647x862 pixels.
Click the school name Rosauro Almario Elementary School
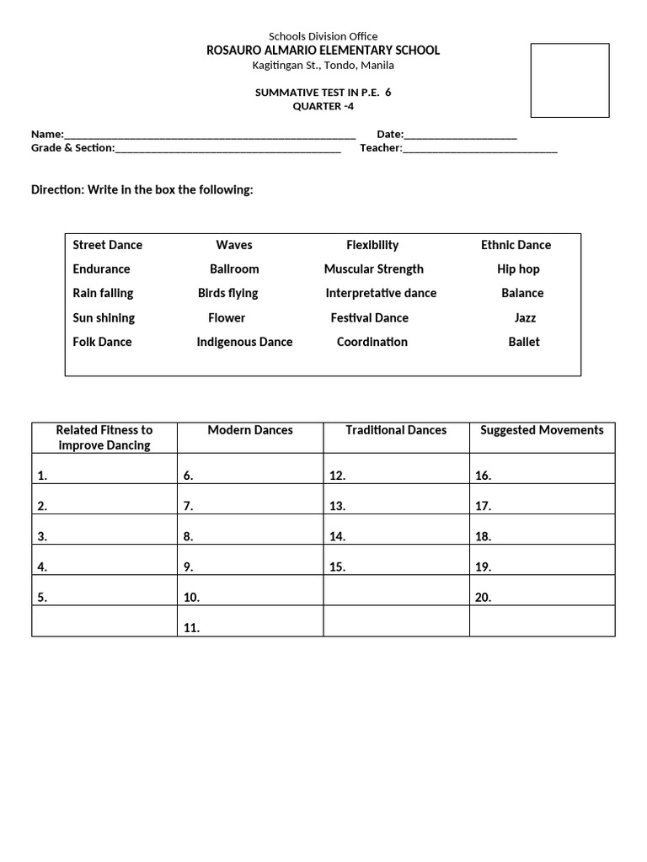click(323, 51)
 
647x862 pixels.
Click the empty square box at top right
click(569, 81)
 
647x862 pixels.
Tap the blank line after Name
click(210, 135)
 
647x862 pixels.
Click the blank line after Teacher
click(479, 149)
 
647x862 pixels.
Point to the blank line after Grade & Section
click(227, 149)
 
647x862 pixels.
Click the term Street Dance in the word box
click(108, 245)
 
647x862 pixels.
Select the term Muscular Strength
click(373, 269)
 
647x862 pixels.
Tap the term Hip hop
click(518, 269)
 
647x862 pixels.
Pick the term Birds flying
click(227, 293)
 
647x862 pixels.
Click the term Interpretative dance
click(381, 293)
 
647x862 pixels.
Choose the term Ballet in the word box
click(524, 342)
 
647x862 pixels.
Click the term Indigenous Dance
click(244, 342)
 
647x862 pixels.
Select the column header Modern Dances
click(250, 430)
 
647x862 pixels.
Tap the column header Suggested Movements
click(542, 430)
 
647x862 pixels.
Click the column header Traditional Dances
click(396, 430)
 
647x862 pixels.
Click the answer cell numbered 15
click(396, 561)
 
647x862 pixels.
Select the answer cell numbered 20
click(542, 591)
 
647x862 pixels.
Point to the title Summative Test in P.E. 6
click(323, 93)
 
